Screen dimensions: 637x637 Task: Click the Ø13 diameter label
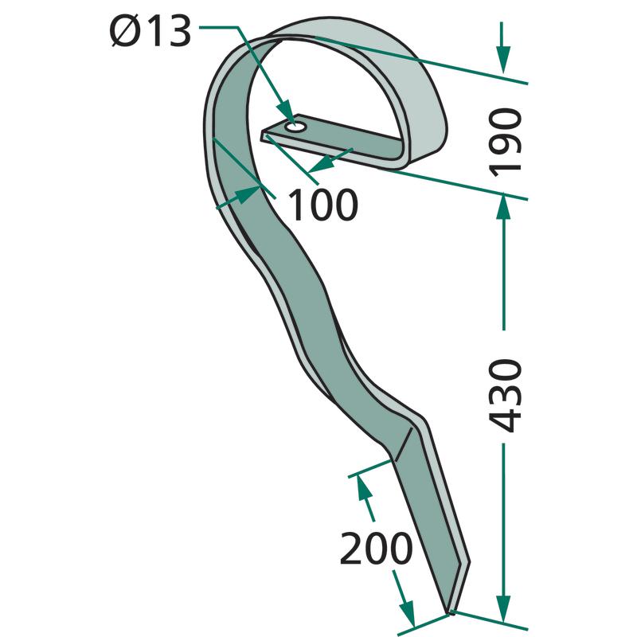(x=150, y=32)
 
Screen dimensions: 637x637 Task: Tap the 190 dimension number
(x=505, y=143)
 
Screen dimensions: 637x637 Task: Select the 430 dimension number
(x=505, y=396)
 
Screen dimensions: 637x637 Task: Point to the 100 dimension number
(x=323, y=205)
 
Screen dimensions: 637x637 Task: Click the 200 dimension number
(x=376, y=548)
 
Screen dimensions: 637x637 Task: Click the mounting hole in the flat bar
(x=295, y=127)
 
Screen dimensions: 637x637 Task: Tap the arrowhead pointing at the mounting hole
(x=286, y=111)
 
